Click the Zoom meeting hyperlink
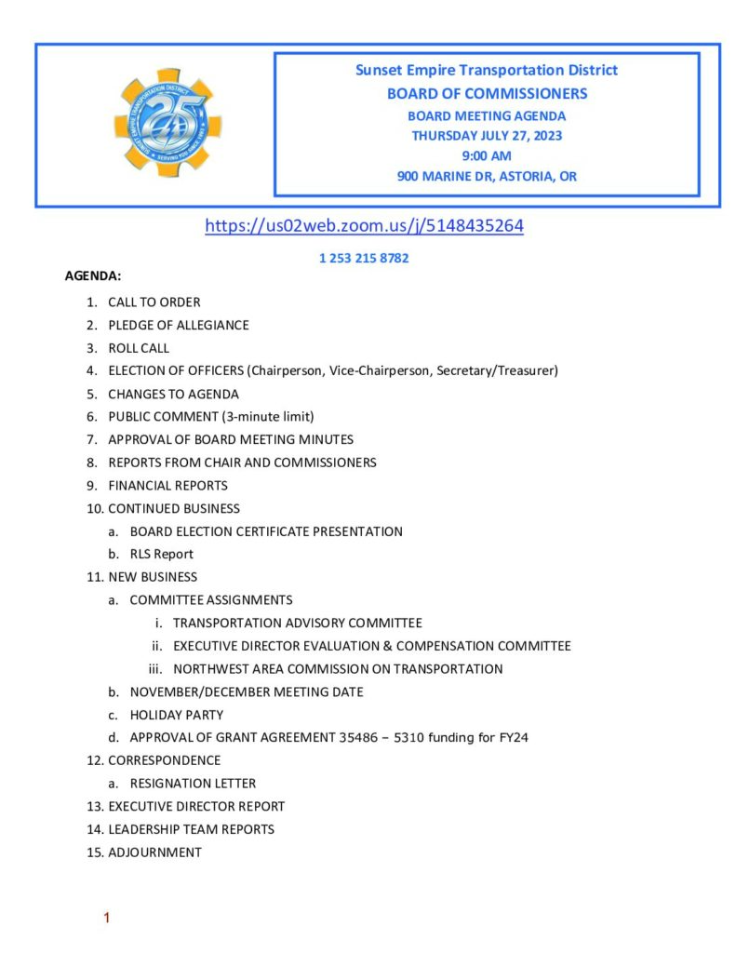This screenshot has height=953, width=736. [x=364, y=225]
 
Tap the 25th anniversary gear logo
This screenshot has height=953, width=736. [x=167, y=122]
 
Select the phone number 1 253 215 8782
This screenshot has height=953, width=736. [x=364, y=259]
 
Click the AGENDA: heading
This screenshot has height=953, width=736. [x=93, y=276]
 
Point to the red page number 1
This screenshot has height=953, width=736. [x=107, y=919]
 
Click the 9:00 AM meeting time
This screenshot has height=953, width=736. [x=487, y=155]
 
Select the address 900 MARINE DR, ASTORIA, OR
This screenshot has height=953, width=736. [x=487, y=176]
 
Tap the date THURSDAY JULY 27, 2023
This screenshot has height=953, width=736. [x=487, y=136]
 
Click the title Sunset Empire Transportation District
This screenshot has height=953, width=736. [x=487, y=71]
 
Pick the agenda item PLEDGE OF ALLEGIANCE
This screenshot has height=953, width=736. [x=178, y=325]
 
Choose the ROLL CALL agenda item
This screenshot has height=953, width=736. [x=139, y=348]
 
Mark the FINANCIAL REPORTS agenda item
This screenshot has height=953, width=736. [x=167, y=485]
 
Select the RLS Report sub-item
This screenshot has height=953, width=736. [x=162, y=554]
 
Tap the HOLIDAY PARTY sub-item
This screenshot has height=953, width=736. [x=177, y=715]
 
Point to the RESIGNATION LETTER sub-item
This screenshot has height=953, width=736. [x=193, y=784]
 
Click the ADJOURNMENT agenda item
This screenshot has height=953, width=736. [x=154, y=852]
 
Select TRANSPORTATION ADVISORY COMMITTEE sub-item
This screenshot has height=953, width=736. [x=297, y=623]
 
